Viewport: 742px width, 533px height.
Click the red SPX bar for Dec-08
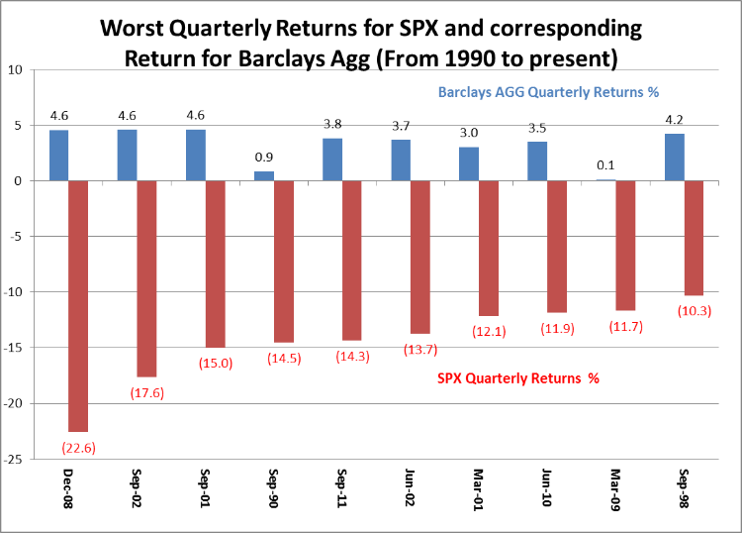78,305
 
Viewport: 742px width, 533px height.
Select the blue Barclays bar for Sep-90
263,176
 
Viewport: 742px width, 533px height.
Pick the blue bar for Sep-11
331,160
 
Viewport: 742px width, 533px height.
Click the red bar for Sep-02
146,278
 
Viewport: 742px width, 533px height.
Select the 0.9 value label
264,157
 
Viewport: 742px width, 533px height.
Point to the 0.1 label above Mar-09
604,165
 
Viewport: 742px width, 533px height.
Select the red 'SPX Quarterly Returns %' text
518,377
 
